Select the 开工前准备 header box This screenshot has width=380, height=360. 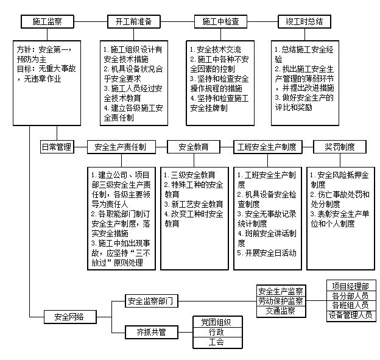(133, 21)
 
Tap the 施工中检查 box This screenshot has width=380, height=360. (220, 21)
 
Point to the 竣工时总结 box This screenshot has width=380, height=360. (304, 21)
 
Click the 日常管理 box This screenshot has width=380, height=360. (57, 147)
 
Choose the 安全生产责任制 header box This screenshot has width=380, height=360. (121, 147)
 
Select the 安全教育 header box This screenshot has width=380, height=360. (194, 147)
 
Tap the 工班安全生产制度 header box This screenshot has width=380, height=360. (267, 147)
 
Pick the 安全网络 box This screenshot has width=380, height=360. (69, 317)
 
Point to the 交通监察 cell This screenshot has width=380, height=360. (280, 311)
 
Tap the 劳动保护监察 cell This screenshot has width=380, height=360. (280, 301)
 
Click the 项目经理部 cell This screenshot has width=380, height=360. (351, 286)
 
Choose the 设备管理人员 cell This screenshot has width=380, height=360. (351, 316)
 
